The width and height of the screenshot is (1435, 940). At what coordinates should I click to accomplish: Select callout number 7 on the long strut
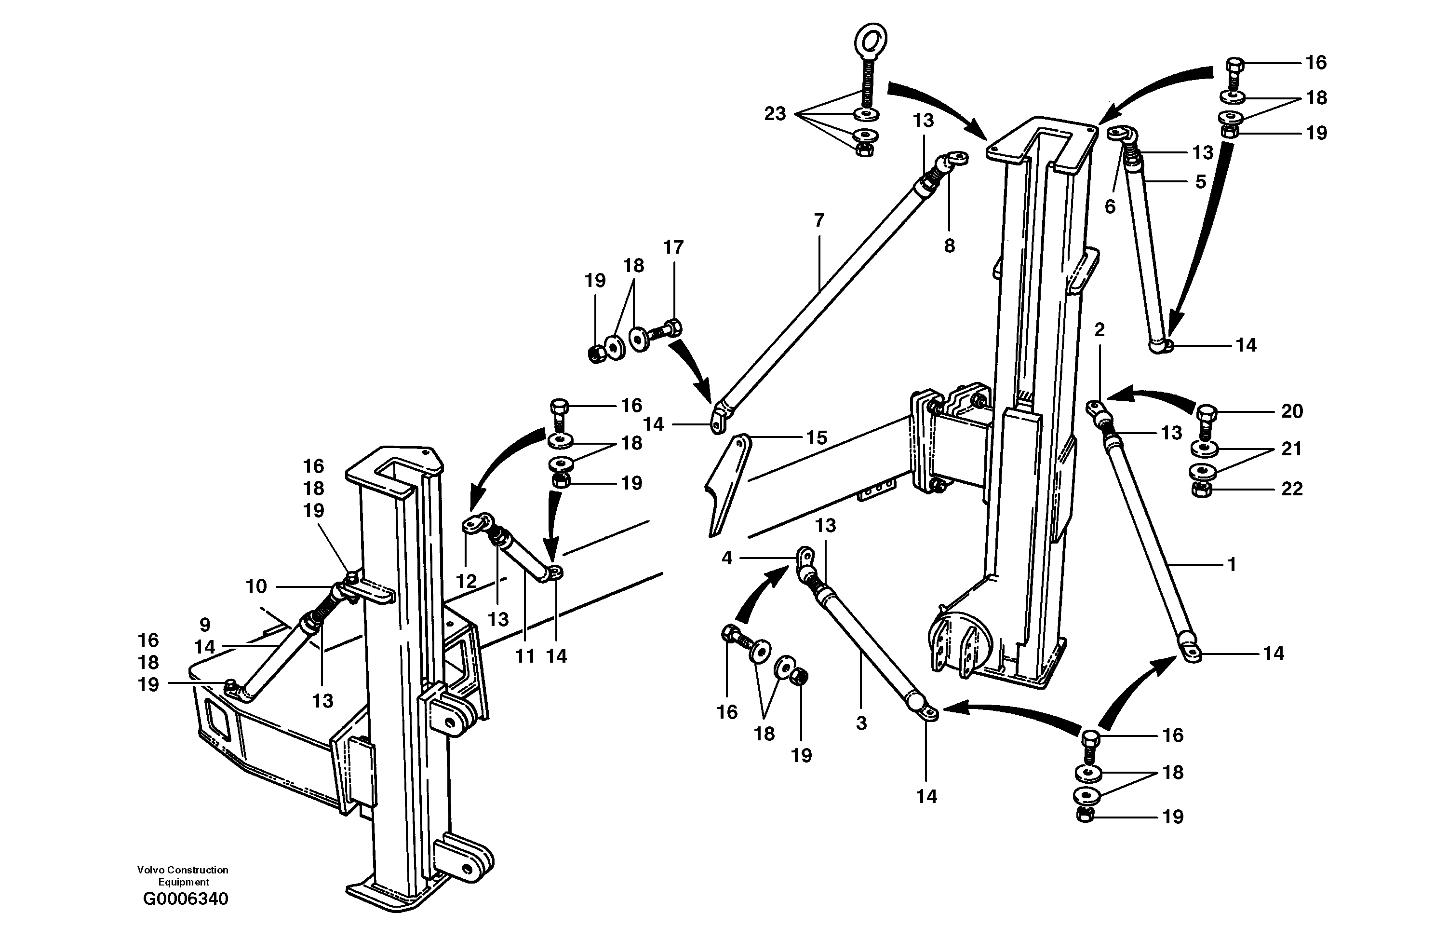click(x=819, y=221)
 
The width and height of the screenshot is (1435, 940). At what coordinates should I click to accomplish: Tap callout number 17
click(x=673, y=247)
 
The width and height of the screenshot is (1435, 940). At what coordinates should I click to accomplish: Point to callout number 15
click(x=817, y=437)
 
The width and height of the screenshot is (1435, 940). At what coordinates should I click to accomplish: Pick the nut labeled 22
click(x=1202, y=490)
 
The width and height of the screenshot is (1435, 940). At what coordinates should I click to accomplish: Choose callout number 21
click(x=1291, y=449)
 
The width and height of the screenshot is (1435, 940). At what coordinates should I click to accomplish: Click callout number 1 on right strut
click(x=1232, y=564)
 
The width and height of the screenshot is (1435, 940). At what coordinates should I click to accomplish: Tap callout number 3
click(x=861, y=723)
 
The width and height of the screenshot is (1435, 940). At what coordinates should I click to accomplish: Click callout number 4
click(x=726, y=558)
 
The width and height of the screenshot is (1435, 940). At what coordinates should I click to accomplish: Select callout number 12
click(x=466, y=581)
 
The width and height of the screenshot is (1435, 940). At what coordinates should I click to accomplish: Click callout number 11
click(x=525, y=656)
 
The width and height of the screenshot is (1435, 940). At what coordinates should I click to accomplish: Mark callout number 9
click(x=204, y=625)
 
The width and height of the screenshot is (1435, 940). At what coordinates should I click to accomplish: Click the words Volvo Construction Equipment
click(x=183, y=875)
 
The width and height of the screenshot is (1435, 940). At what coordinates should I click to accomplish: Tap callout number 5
click(x=1200, y=182)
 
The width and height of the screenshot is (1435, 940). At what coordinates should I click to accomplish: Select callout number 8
click(x=950, y=246)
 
